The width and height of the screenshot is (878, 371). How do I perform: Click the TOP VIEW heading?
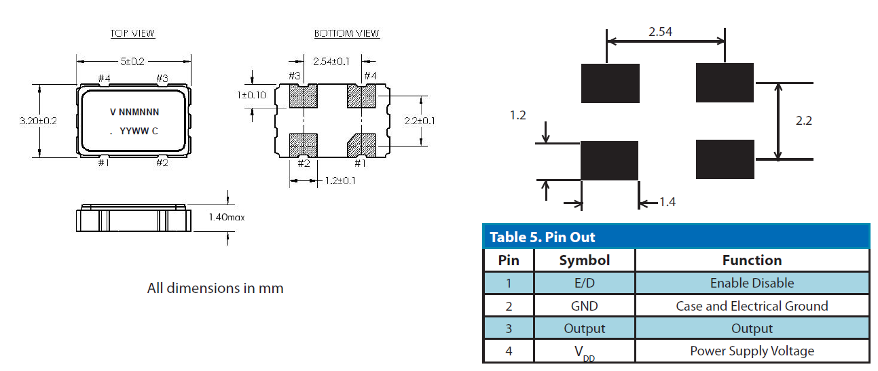132,33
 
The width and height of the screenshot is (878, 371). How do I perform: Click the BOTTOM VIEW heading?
346,33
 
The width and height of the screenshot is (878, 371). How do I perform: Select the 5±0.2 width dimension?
132,61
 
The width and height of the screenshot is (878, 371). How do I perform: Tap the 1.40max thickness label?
226,218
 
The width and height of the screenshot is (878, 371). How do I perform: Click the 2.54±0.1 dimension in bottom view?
331,62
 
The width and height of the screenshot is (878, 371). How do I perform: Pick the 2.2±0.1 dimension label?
418,121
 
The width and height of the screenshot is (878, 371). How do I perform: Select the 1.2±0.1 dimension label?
339,180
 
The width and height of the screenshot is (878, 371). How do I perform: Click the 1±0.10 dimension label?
252,95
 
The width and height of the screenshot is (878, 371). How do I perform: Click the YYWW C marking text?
139,131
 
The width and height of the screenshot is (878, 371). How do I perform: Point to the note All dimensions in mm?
215,288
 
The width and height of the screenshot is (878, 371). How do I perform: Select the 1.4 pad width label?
667,202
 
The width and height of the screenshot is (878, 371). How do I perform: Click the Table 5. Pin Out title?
542,237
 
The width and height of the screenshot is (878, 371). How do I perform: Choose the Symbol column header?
584,260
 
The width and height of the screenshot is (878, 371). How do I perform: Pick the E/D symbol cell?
584,283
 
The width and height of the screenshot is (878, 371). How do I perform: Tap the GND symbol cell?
584,306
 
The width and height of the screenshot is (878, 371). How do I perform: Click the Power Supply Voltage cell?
752,351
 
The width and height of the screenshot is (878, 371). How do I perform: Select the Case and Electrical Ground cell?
752,306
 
